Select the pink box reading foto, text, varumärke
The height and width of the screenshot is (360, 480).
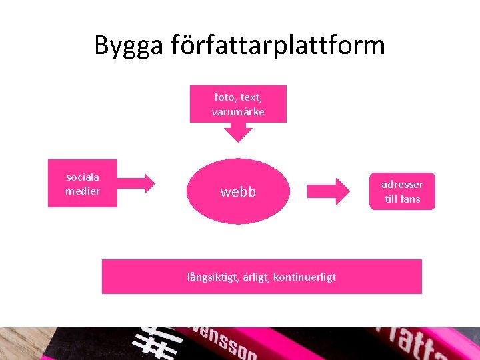tap(238, 104)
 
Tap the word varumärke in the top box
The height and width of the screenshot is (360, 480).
tap(238, 112)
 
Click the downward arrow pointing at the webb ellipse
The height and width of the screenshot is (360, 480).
tap(238, 132)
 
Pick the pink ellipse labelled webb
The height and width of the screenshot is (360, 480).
tap(238, 191)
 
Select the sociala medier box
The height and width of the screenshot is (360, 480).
tap(83, 183)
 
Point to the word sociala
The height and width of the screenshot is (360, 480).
tap(83, 177)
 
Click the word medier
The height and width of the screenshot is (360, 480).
tap(83, 191)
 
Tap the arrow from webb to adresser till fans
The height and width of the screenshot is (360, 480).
tap(328, 191)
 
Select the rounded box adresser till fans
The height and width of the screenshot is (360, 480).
tap(403, 191)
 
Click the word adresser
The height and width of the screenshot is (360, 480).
tap(403, 184)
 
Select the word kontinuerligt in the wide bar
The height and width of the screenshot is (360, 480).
tap(305, 277)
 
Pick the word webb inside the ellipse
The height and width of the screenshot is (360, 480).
tap(238, 192)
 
